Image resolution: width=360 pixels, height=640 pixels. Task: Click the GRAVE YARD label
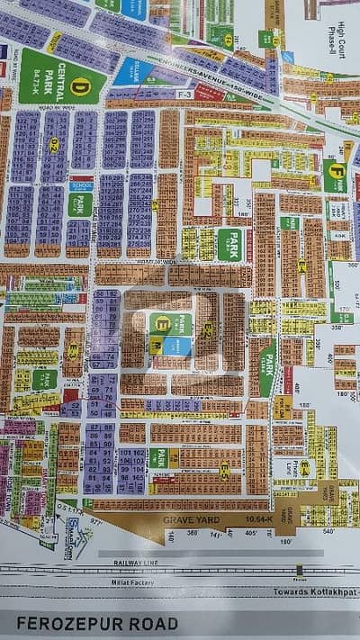190,518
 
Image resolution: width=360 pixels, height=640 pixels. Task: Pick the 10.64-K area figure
240,518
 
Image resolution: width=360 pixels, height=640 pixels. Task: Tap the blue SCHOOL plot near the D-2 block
82,184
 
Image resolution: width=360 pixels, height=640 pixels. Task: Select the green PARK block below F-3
228,239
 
